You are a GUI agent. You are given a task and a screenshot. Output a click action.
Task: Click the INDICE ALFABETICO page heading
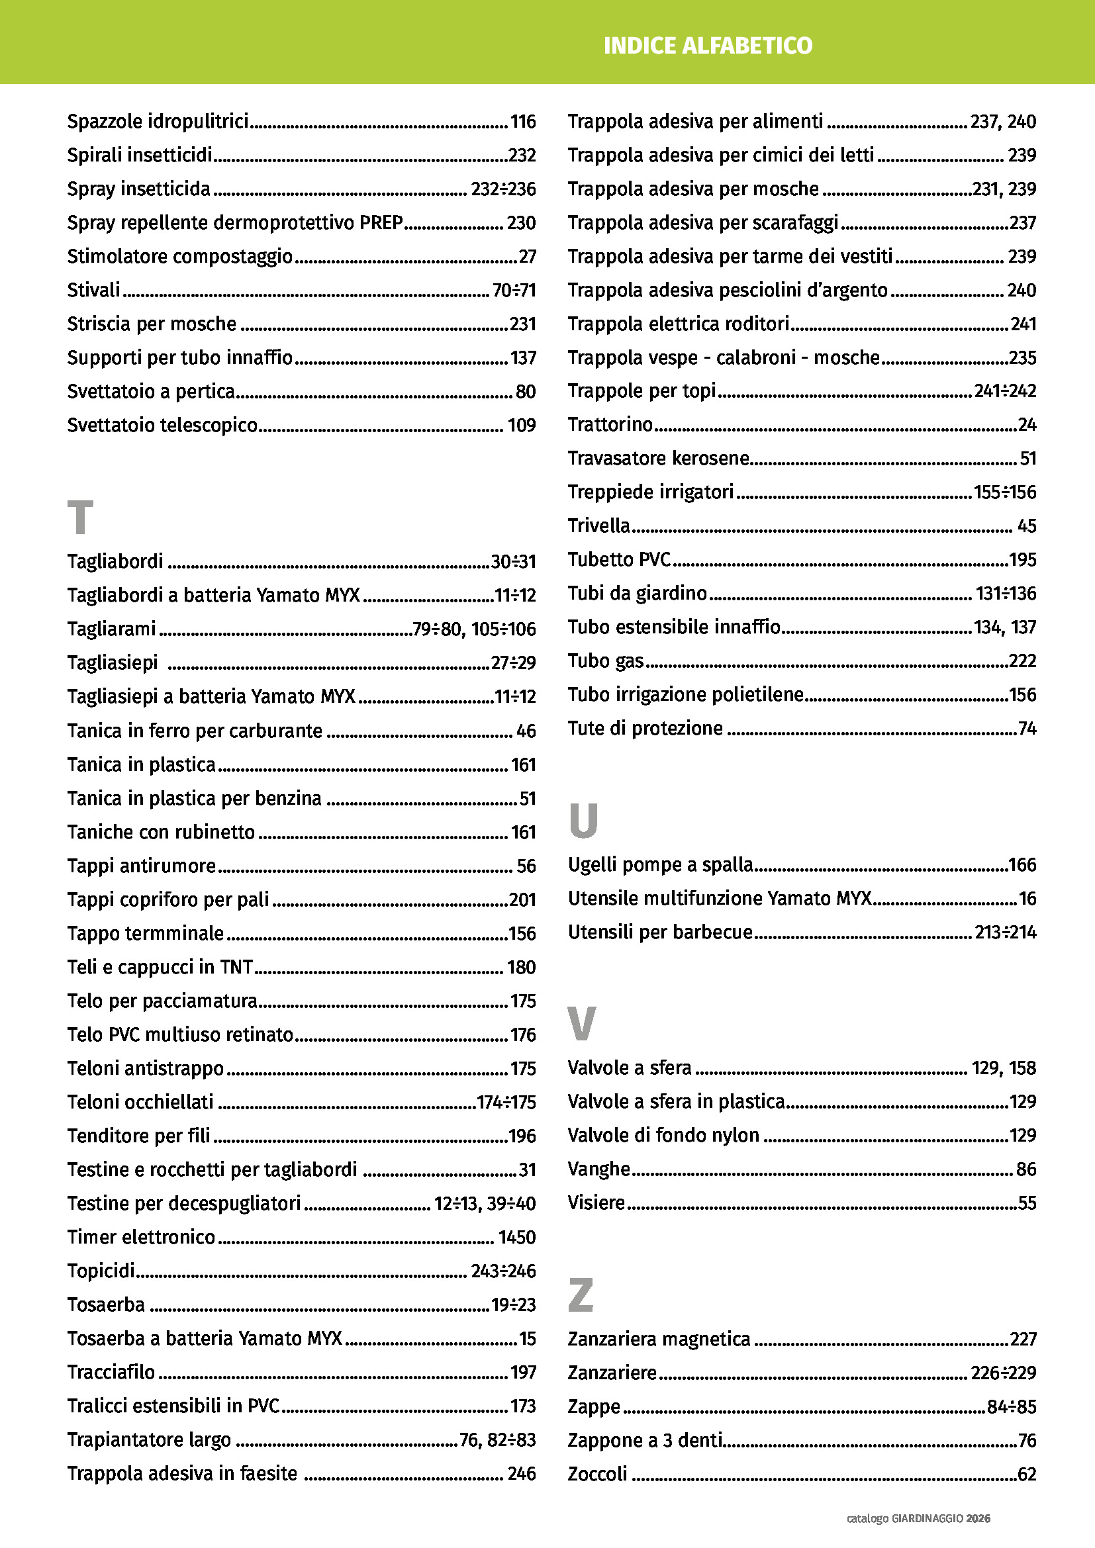coord(707,46)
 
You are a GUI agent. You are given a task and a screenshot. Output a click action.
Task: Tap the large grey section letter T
coord(79,517)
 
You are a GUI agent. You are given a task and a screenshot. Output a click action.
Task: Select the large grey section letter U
coord(583,821)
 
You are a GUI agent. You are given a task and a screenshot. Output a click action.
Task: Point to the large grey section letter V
coord(581,1023)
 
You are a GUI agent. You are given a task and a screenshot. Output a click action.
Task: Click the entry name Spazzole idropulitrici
coord(158,121)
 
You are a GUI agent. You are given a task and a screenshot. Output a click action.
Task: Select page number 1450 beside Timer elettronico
coord(516,1237)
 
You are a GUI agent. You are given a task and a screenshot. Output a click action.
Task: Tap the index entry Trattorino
coord(610,424)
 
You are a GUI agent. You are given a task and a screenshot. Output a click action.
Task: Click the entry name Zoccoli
coord(597,1474)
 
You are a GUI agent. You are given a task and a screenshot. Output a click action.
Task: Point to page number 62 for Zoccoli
coord(1026,1474)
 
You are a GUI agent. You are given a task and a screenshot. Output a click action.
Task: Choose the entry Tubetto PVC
coord(619,560)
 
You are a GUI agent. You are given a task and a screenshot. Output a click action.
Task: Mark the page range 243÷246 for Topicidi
coord(503,1271)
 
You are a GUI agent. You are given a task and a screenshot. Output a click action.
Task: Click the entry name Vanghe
coord(598,1169)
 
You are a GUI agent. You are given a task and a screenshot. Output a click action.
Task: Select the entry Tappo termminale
coord(145,933)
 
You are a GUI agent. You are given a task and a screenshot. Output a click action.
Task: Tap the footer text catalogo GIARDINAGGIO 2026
coord(918,1518)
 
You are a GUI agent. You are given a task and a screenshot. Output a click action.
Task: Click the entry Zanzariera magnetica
coord(659,1339)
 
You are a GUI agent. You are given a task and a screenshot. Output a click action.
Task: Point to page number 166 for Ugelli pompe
coord(1022,865)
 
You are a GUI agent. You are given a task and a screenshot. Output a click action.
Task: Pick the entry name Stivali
coord(94,290)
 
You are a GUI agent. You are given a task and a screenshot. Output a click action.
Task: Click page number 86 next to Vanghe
coord(1025,1169)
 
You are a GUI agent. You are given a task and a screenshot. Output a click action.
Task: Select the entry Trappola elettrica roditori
coord(679,324)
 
